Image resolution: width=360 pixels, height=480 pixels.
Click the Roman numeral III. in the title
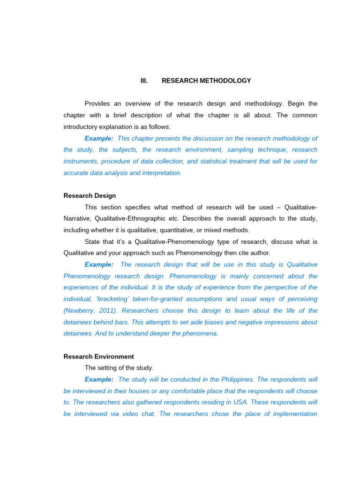tap(144, 81)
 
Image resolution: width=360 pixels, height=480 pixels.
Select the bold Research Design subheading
tap(90, 195)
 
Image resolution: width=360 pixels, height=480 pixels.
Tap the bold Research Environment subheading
tap(98, 356)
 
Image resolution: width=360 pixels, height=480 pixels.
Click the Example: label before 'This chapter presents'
tap(99, 138)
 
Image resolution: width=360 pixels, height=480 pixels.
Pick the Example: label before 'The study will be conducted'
tap(99, 379)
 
